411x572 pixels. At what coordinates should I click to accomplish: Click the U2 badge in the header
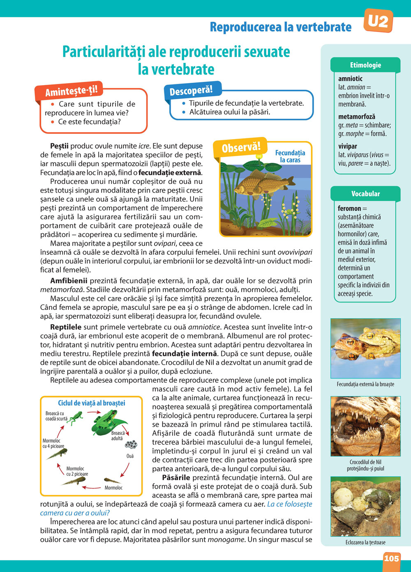(378, 21)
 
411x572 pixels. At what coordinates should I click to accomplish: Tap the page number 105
(391, 558)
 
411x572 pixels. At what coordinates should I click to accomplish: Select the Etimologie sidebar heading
(365, 65)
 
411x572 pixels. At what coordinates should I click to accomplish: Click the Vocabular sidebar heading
(365, 194)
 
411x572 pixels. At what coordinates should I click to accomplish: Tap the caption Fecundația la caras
(290, 156)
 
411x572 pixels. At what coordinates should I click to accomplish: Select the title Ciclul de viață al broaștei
(92, 403)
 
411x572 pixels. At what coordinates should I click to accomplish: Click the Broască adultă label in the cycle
(118, 436)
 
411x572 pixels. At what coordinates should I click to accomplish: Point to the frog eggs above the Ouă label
(131, 444)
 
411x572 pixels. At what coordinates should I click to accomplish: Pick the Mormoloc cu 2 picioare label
(77, 471)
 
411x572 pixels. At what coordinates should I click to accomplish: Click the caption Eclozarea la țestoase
(365, 542)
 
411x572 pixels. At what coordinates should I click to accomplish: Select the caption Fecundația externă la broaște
(365, 384)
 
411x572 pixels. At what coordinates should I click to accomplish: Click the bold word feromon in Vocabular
(349, 209)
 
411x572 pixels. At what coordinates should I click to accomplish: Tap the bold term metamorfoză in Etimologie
(357, 117)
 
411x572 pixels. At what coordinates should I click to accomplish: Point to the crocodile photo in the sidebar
(365, 426)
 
